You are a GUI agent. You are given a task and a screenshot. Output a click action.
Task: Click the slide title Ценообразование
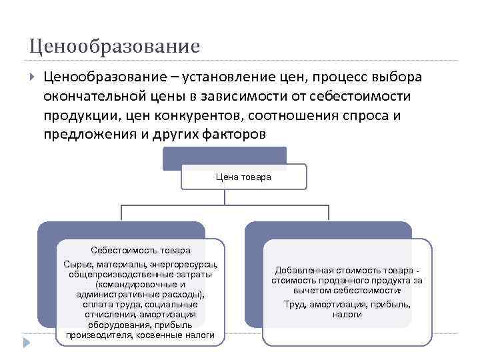coord(114,46)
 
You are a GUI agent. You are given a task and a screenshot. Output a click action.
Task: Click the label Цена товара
coord(243,177)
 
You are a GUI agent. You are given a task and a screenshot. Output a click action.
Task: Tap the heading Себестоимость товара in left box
coord(141,250)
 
